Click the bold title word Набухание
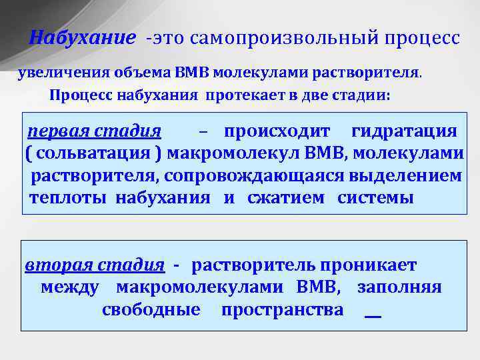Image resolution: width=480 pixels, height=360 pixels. [x=83, y=38]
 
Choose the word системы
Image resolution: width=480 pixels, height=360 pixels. [x=375, y=198]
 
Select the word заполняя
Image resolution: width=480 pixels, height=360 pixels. [x=399, y=288]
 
